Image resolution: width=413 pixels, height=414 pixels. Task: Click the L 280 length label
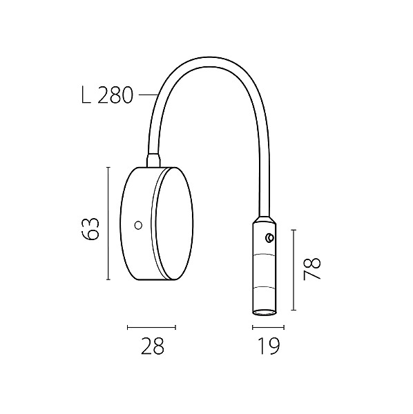[107, 95]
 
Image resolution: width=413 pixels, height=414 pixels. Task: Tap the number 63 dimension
[90, 228]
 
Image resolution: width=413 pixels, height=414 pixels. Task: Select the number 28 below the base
[153, 346]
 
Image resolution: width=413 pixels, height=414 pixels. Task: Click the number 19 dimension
[269, 346]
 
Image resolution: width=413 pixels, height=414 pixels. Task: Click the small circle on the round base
[138, 225]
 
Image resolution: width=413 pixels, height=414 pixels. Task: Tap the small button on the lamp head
[269, 237]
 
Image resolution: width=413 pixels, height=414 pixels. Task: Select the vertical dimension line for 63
[108, 224]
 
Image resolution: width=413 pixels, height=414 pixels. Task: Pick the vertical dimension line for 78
[294, 270]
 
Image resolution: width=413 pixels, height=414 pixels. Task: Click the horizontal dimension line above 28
[151, 327]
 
